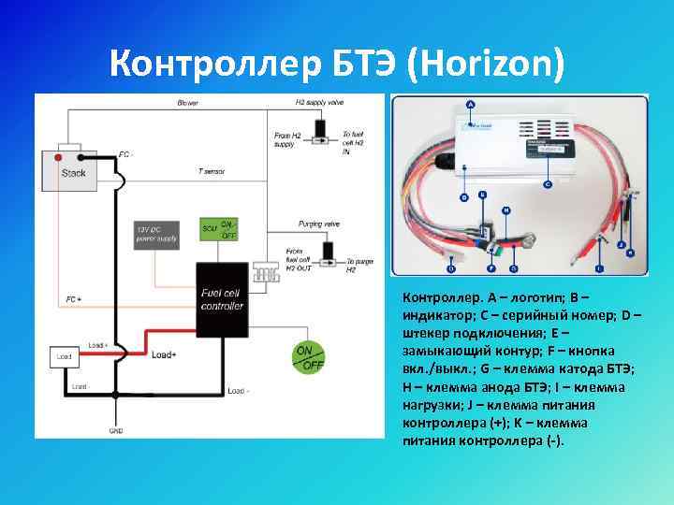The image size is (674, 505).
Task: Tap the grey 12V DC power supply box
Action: [x=156, y=235]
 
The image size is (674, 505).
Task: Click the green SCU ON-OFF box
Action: [x=220, y=229]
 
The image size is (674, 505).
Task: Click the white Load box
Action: [x=64, y=356]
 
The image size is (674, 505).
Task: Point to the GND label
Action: [x=116, y=431]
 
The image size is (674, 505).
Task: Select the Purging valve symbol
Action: [x=329, y=252]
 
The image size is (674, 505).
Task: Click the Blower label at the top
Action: [x=186, y=102]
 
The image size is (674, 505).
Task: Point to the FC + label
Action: [x=73, y=299]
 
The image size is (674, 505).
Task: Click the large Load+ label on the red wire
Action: [x=164, y=354]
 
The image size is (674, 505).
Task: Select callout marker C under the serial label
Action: [x=547, y=184]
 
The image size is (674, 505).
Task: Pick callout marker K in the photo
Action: [x=630, y=252]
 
